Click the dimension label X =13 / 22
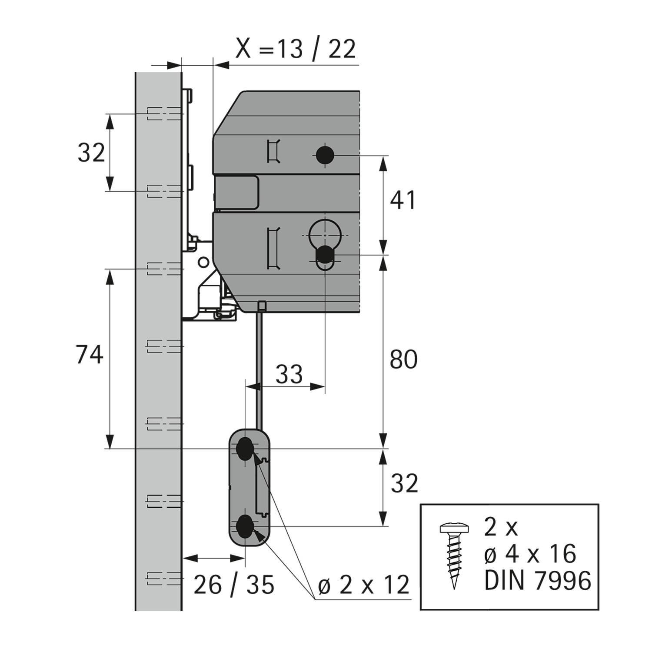tap(296, 49)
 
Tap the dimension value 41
tap(403, 200)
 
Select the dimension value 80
tap(403, 359)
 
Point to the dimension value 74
tap(90, 354)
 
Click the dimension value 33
tap(289, 374)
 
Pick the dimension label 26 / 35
tap(234, 585)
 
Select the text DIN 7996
tap(538, 581)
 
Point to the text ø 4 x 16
tap(530, 554)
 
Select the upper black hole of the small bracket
tap(245, 449)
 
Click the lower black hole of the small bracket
tap(245, 527)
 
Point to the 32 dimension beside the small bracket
tap(404, 483)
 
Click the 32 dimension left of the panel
tap(91, 153)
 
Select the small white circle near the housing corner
tap(203, 262)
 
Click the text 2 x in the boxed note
tap(501, 528)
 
